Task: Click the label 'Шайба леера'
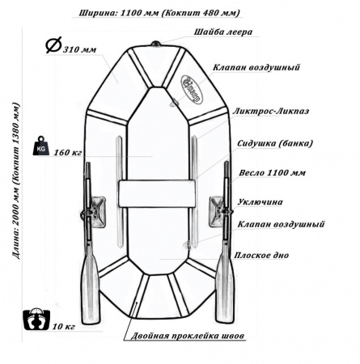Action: pyautogui.click(x=223, y=32)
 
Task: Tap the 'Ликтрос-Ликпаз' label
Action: pyautogui.click(x=270, y=111)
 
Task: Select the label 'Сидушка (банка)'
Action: pyautogui.click(x=275, y=143)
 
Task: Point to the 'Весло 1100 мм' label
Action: pyautogui.click(x=272, y=172)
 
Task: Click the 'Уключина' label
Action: pyautogui.click(x=260, y=202)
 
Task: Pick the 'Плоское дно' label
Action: pyautogui.click(x=261, y=255)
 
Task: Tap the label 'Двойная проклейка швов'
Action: pyautogui.click(x=188, y=336)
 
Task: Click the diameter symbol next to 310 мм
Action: pyautogui.click(x=53, y=44)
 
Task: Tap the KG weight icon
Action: pyautogui.click(x=41, y=146)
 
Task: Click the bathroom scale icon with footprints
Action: pyautogui.click(x=36, y=319)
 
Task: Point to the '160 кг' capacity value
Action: pyautogui.click(x=68, y=153)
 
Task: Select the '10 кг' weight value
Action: pyautogui.click(x=64, y=327)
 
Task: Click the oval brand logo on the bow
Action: pyautogui.click(x=192, y=89)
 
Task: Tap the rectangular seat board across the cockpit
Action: pyautogui.click(x=157, y=194)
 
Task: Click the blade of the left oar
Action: pyautogui.click(x=90, y=290)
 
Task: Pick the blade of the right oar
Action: pyautogui.click(x=225, y=289)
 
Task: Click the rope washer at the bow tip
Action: pyautogui.click(x=155, y=44)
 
